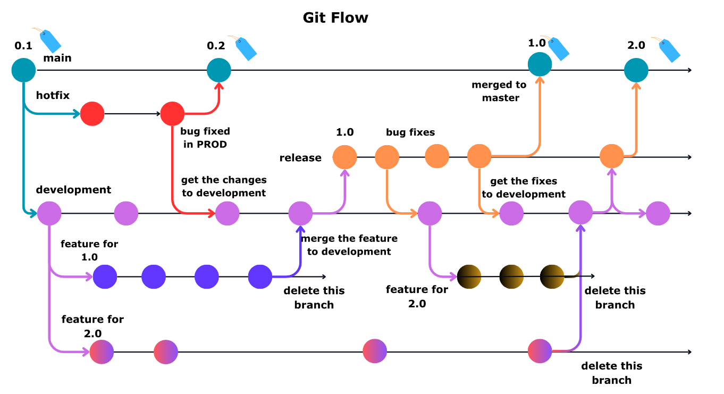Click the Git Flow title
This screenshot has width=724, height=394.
pyautogui.click(x=335, y=18)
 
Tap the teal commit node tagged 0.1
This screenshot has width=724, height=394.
pyautogui.click(x=23, y=70)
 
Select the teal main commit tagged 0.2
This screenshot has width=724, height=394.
pyautogui.click(x=219, y=70)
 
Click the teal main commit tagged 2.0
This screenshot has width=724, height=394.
pyautogui.click(x=636, y=70)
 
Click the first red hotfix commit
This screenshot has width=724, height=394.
pyautogui.click(x=92, y=114)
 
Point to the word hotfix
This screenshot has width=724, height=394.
pyautogui.click(x=53, y=95)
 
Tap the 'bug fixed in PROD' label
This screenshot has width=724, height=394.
pyautogui.click(x=205, y=138)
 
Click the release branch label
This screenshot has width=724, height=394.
pyautogui.click(x=300, y=158)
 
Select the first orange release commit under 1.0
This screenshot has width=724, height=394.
pyautogui.click(x=344, y=157)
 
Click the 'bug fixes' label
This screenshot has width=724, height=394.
pyautogui.click(x=410, y=132)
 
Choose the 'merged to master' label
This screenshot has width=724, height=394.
pyautogui.click(x=499, y=91)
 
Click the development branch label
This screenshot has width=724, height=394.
pyautogui.click(x=73, y=190)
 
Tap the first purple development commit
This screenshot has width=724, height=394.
pyautogui.click(x=49, y=213)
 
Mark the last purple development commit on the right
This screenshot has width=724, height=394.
pyautogui.click(x=658, y=213)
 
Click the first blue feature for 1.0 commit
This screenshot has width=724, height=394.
pyautogui.click(x=105, y=276)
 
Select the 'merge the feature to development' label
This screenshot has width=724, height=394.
pyautogui.click(x=349, y=245)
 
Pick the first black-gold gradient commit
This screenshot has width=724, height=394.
pyautogui.click(x=469, y=276)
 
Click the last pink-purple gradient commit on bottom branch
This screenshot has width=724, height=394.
pyautogui.click(x=540, y=351)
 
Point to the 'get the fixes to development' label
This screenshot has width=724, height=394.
pyautogui.click(x=524, y=188)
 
